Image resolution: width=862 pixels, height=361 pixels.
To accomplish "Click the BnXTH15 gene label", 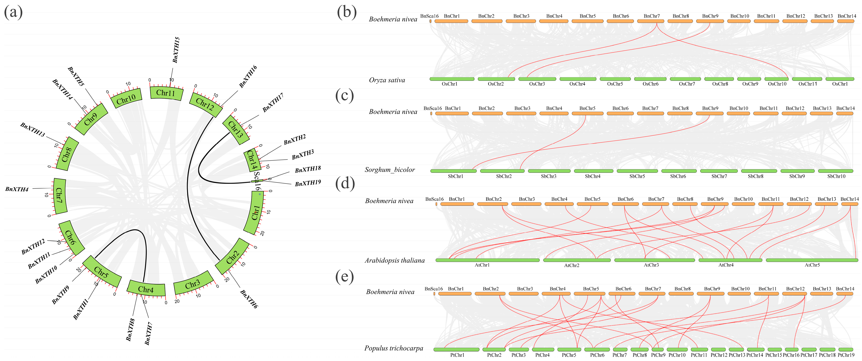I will point(176,50).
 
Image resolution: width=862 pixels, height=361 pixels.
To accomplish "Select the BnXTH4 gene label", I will point(17,189).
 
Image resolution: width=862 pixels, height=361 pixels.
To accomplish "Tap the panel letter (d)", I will point(345,183).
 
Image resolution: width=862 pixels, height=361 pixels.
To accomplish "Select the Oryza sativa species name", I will point(387,80).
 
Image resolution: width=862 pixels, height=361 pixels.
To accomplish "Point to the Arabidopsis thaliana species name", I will point(394,260).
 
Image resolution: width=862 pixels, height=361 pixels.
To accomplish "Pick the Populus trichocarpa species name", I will point(393,348).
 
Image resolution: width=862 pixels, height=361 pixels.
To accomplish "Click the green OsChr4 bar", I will point(578,79).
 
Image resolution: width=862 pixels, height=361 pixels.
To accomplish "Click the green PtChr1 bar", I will point(456,350).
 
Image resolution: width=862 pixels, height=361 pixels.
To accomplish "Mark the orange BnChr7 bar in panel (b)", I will point(651,21).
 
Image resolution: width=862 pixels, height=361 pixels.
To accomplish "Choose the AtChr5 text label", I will point(812,265).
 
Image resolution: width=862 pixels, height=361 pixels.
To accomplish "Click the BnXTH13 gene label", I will point(33,130).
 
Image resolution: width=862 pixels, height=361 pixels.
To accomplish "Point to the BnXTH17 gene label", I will point(273,103).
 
